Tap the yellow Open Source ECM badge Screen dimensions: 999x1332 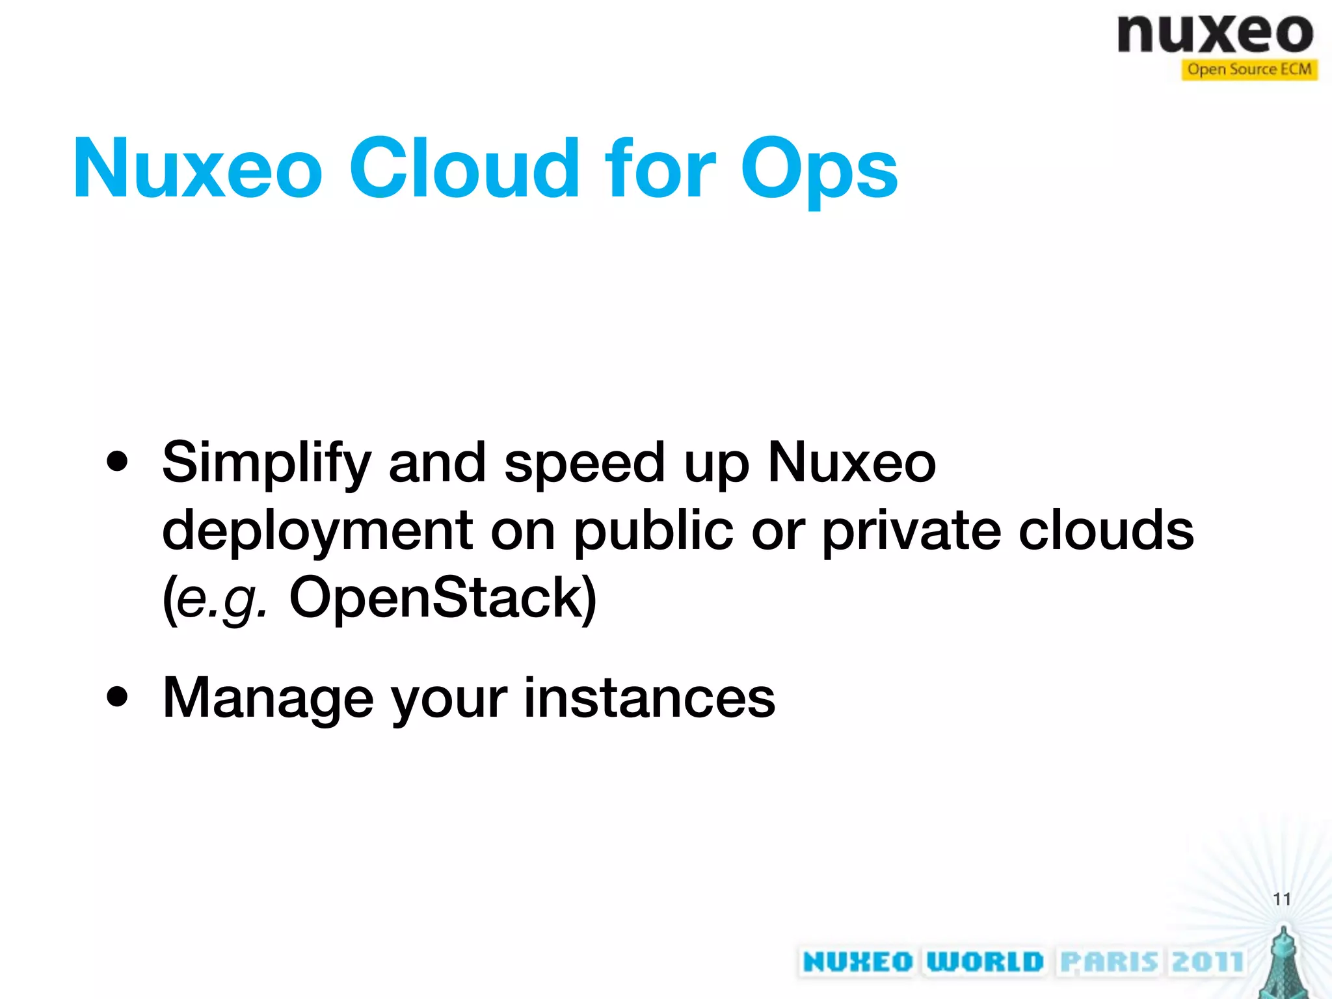1249,70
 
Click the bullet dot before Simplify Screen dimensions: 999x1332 118,462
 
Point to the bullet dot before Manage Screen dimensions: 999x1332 118,698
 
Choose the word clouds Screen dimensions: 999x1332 1106,530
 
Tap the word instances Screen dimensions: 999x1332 649,698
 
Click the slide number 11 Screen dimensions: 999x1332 1281,899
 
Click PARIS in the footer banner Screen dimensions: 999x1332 1109,962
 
